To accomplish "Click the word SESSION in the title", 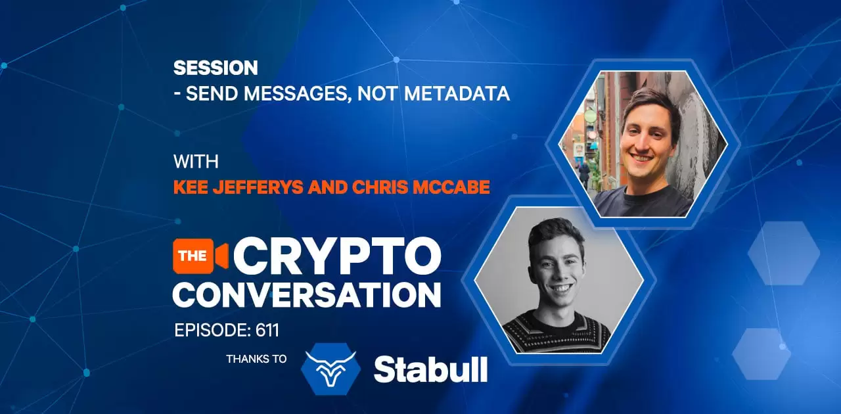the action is pyautogui.click(x=216, y=68).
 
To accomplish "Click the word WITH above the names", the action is pyautogui.click(x=196, y=162).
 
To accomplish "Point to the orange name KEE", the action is pyautogui.click(x=191, y=187).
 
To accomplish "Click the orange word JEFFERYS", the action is pyautogui.click(x=258, y=187).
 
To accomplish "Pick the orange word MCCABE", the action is pyautogui.click(x=451, y=187).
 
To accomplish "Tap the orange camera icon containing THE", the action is pyautogui.click(x=200, y=256).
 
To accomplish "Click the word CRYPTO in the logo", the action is pyautogui.click(x=337, y=256).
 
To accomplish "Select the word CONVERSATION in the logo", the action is pyautogui.click(x=307, y=295).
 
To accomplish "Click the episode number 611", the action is pyautogui.click(x=267, y=331).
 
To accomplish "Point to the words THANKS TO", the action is pyautogui.click(x=256, y=359).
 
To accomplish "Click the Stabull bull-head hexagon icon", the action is pyautogui.click(x=330, y=369).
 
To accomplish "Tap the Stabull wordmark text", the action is pyautogui.click(x=430, y=370).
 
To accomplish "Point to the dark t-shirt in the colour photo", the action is pyautogui.click(x=643, y=202).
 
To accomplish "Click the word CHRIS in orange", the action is pyautogui.click(x=380, y=187).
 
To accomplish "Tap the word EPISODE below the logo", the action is pyautogui.click(x=213, y=331).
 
